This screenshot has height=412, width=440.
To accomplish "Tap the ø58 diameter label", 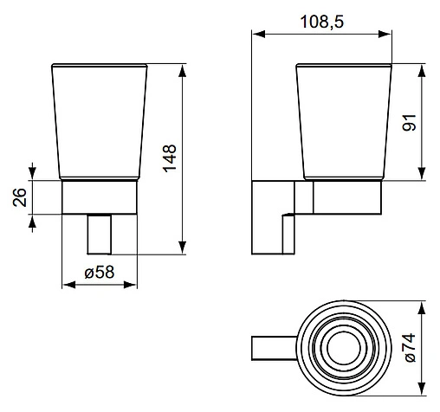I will pyautogui.click(x=101, y=272).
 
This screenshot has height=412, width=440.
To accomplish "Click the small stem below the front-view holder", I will pyautogui.click(x=100, y=234).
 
